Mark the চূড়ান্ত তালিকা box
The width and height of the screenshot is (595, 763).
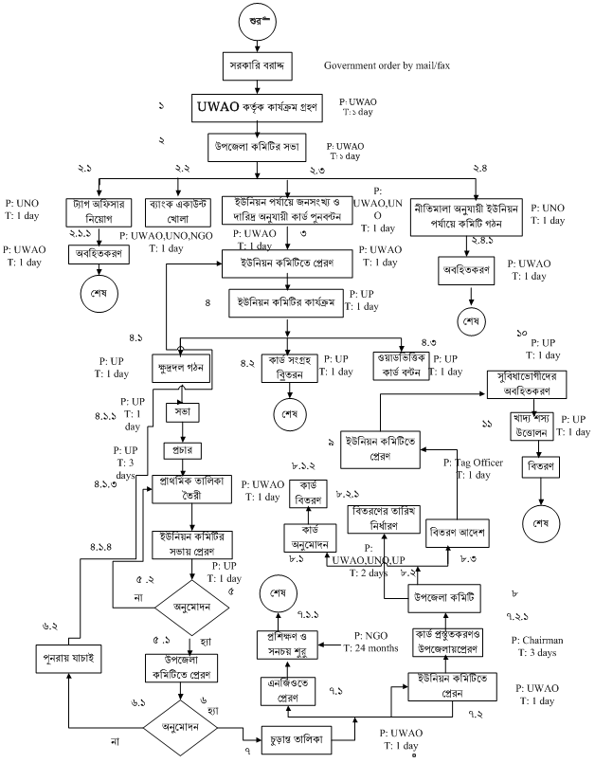tap(297, 732)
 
